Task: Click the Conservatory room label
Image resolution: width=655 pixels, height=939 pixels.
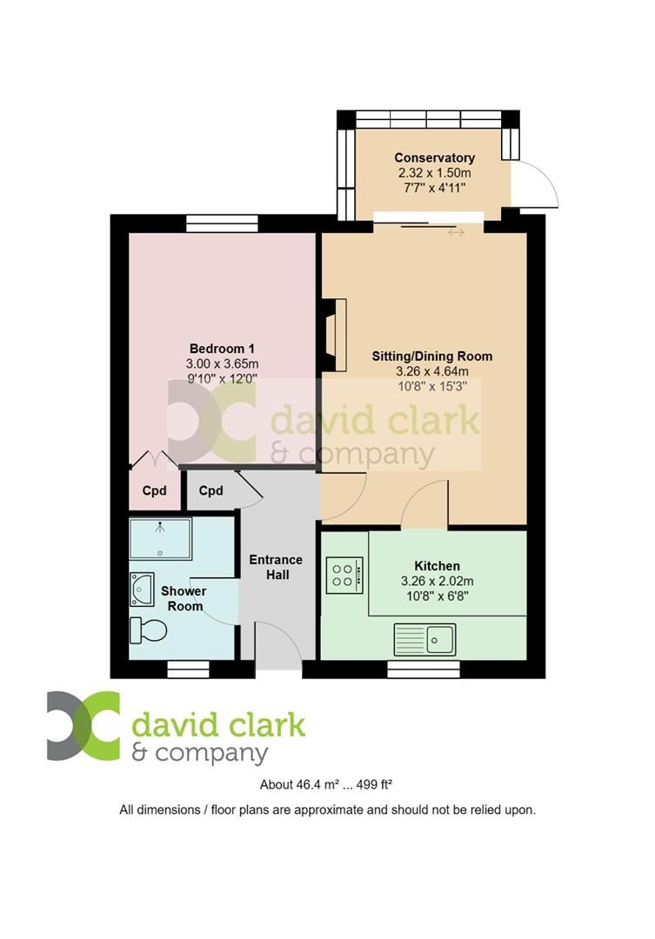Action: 434,157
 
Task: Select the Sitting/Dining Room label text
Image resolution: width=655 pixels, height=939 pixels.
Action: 431,356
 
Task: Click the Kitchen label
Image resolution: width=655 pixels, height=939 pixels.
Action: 437,565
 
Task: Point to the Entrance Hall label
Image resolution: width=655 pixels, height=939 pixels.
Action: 276,567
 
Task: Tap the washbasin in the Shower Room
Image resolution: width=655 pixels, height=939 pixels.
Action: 143,588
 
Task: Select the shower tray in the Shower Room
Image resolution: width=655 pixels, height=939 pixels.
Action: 160,539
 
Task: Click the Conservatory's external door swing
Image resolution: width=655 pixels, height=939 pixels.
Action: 532,184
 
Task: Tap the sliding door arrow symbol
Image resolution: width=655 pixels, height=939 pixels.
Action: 456,232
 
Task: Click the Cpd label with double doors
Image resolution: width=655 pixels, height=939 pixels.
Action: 154,490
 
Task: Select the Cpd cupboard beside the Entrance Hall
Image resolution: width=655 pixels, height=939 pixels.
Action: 211,490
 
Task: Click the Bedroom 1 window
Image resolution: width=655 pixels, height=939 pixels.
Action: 222,223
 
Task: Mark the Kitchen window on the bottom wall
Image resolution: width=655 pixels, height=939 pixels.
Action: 423,669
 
